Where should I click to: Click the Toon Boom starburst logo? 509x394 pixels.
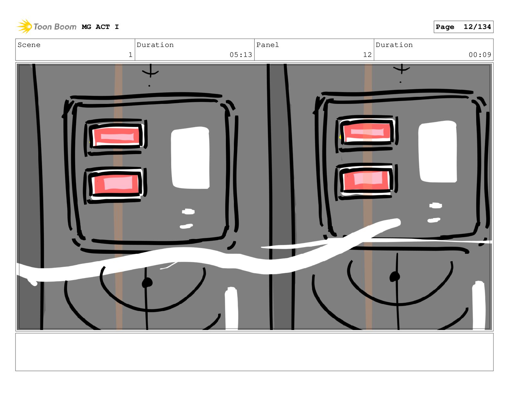(x=24, y=26)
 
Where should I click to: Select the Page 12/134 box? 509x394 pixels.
(x=463, y=27)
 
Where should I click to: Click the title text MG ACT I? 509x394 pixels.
(x=100, y=27)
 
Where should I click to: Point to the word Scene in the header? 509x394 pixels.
(x=29, y=45)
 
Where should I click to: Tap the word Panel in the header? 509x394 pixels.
(x=267, y=45)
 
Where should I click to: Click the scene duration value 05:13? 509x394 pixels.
(x=241, y=55)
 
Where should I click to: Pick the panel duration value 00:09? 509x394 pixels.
(x=480, y=55)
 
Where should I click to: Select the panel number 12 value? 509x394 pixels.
(x=367, y=55)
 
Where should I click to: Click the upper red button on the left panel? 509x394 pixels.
(x=116, y=136)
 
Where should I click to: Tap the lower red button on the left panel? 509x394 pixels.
(x=116, y=184)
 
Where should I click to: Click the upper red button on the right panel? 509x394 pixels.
(x=367, y=132)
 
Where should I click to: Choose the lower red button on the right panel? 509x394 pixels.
(x=366, y=180)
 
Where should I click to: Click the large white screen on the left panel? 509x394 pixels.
(x=190, y=158)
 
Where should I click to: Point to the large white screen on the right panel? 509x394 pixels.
(x=437, y=151)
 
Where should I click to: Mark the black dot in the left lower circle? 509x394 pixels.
(x=147, y=283)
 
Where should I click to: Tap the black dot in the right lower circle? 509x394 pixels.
(x=394, y=277)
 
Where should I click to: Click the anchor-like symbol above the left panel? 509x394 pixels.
(x=150, y=71)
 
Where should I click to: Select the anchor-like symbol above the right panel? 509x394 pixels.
(x=402, y=69)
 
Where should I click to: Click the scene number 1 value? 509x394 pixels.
(x=131, y=55)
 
